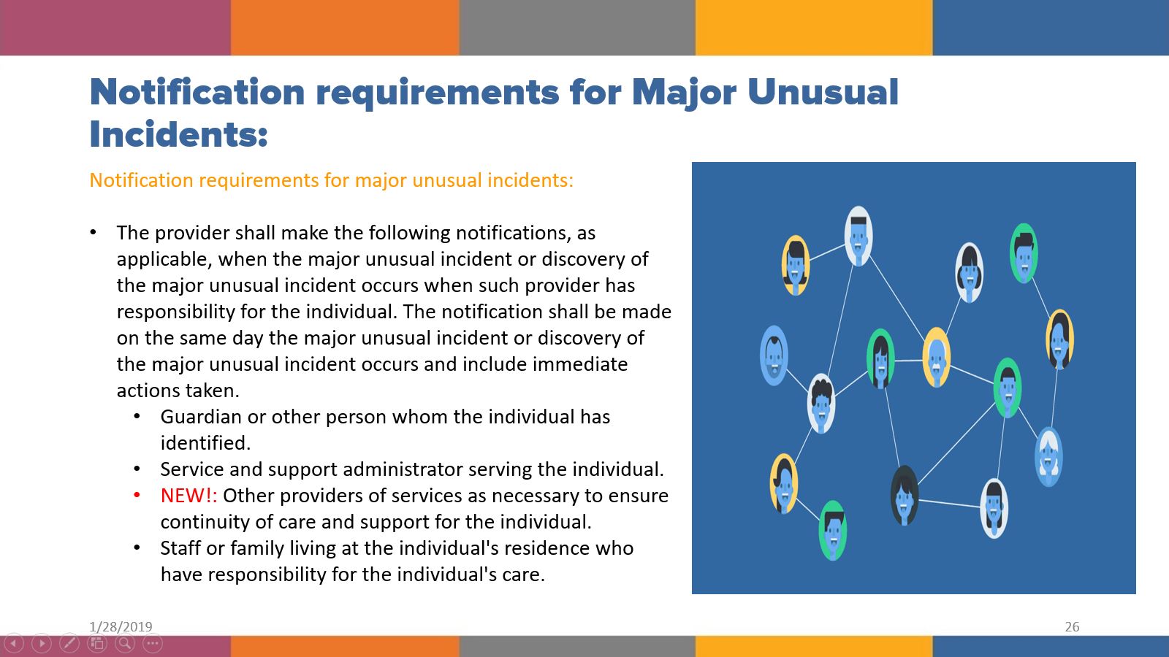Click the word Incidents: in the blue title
tap(178, 134)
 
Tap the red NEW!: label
tap(189, 496)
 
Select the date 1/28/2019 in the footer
tap(121, 626)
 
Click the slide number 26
tap(1072, 626)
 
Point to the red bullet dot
tap(137, 496)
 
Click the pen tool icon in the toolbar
tap(69, 643)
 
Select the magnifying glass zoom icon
tap(125, 643)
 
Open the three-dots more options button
tap(153, 643)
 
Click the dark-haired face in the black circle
tap(904, 495)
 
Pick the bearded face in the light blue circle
tap(774, 356)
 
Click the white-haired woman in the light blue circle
tap(1048, 457)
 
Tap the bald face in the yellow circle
tap(936, 357)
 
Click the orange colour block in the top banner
tap(345, 28)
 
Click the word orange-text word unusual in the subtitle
tap(446, 180)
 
